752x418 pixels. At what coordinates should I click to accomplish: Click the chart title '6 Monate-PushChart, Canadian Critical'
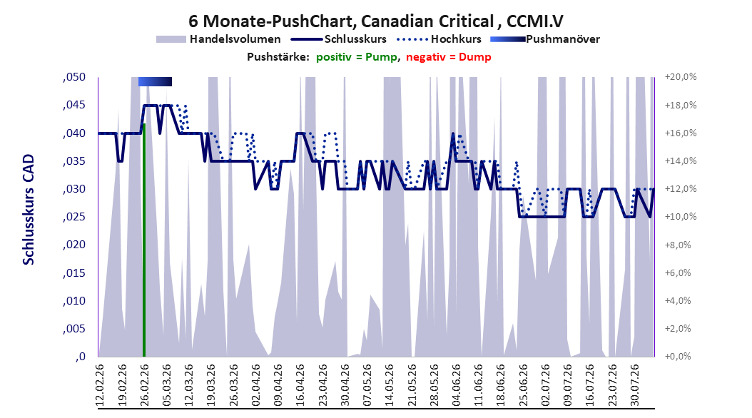click(341, 21)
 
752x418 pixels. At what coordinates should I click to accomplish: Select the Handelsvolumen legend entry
click(218, 39)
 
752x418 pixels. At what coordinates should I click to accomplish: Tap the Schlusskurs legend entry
click(339, 39)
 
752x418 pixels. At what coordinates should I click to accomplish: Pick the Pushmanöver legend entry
click(545, 39)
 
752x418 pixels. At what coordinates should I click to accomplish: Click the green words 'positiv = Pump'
click(356, 57)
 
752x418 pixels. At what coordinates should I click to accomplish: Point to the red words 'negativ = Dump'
click(449, 57)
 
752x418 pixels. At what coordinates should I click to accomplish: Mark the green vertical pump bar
click(144, 240)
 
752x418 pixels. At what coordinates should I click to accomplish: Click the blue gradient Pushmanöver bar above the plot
click(155, 81)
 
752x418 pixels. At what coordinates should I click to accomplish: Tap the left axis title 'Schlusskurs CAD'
click(29, 210)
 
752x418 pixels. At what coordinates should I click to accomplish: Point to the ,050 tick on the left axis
click(74, 77)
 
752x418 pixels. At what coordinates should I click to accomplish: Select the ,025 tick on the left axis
click(74, 217)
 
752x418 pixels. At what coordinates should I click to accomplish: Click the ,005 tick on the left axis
click(74, 329)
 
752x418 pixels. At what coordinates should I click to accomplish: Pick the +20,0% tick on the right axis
click(681, 77)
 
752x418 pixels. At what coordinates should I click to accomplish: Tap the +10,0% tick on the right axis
click(681, 217)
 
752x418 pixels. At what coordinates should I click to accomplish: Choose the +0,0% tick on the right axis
click(678, 357)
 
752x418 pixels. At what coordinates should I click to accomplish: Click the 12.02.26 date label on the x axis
click(100, 385)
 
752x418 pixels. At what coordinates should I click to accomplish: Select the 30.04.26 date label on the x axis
click(345, 385)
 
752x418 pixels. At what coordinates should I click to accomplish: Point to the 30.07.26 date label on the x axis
click(634, 385)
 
